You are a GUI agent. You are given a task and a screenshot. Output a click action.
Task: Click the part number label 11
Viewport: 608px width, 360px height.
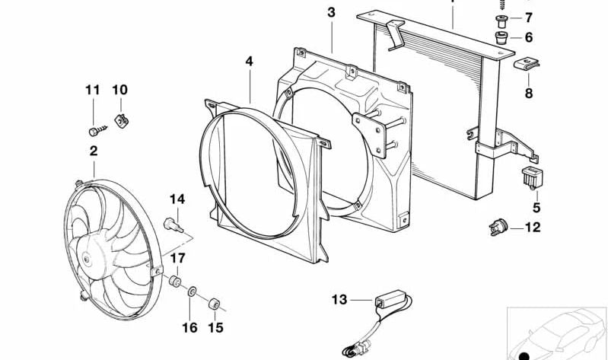[92, 90]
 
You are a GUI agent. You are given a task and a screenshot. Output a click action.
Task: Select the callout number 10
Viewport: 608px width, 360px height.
[119, 90]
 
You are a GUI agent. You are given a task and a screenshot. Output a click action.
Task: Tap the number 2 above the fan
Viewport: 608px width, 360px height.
[94, 151]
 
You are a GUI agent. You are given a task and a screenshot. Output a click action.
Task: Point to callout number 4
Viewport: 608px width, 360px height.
[249, 60]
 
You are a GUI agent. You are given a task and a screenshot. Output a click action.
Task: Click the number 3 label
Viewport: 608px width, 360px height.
[330, 12]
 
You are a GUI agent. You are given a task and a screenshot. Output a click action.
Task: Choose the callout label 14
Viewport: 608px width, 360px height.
[177, 199]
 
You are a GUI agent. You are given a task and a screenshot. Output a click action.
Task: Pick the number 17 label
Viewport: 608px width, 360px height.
[177, 257]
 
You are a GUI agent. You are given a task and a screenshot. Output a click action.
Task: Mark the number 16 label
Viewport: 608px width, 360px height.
[189, 327]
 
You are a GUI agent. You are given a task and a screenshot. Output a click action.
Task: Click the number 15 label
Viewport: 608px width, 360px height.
[216, 327]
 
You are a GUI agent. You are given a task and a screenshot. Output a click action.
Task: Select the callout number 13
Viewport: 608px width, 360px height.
[339, 300]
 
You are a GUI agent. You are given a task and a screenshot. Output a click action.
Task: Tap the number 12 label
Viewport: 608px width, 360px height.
[533, 227]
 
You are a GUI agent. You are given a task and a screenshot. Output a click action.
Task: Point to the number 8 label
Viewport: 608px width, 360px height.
[528, 94]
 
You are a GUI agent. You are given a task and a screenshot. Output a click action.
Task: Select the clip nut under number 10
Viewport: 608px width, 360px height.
[120, 119]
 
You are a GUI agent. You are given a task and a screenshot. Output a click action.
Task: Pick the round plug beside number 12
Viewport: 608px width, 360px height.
[498, 226]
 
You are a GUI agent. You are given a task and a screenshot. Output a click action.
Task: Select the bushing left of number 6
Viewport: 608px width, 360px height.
[501, 37]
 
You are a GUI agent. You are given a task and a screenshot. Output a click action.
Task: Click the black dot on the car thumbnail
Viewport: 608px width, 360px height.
[523, 353]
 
